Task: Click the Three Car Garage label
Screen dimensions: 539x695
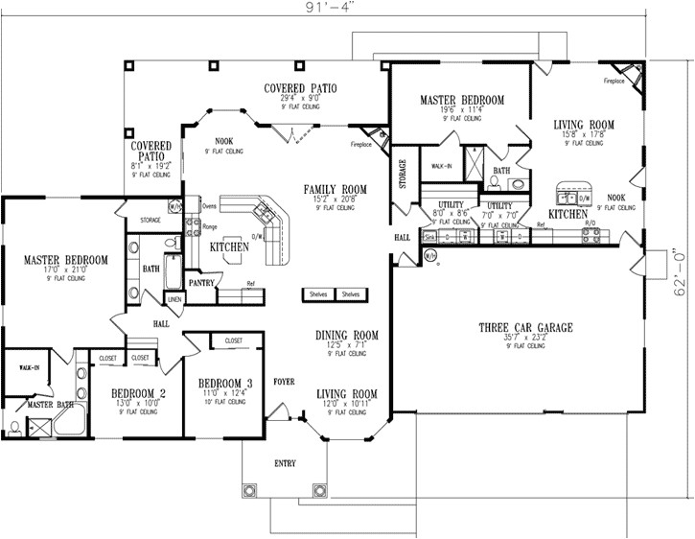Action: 525,327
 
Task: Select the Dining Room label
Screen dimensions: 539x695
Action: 347,336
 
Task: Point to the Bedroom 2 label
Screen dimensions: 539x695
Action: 139,392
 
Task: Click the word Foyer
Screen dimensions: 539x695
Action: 284,380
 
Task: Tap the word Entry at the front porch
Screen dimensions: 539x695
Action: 286,463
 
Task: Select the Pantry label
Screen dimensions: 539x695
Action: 200,284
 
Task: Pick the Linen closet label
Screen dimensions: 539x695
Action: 174,300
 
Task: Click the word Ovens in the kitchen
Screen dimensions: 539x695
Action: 210,204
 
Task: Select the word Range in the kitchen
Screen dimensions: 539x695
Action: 210,226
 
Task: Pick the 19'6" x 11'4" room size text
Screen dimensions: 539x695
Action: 461,111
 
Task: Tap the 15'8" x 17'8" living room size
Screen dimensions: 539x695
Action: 584,135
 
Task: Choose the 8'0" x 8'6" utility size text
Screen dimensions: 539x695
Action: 451,213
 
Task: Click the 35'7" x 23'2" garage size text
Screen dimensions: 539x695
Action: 525,338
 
